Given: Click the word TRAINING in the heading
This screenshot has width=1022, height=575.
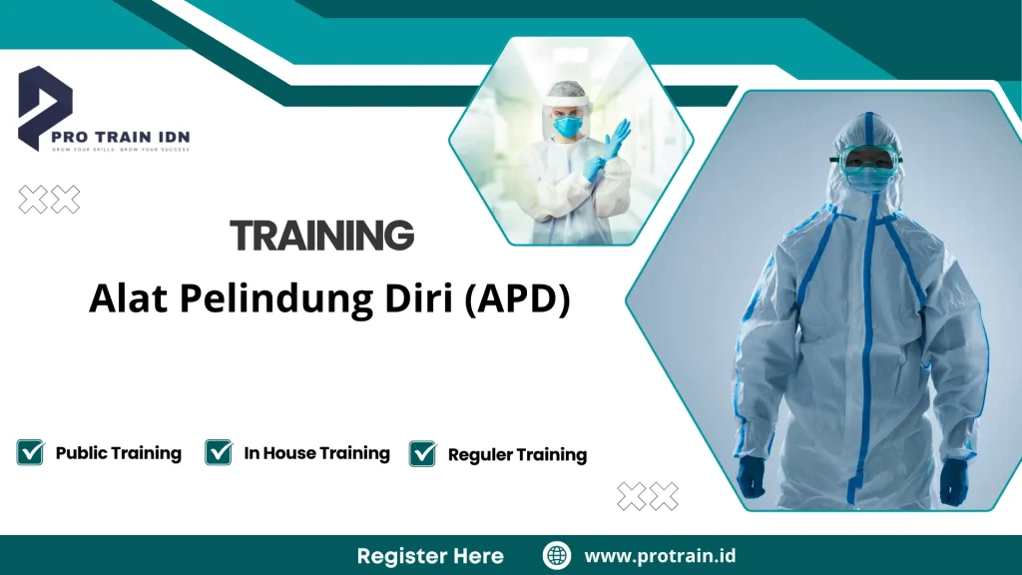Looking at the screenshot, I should click(321, 236).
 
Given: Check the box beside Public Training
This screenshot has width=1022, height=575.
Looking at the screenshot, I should click(30, 452).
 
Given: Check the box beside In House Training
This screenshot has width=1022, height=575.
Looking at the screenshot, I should click(219, 452).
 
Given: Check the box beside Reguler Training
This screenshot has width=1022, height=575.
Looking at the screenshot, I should click(423, 453).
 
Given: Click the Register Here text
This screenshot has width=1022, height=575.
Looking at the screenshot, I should click(430, 556).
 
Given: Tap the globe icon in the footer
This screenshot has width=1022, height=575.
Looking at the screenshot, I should click(556, 556).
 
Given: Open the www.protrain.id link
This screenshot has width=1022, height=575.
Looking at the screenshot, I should click(660, 556).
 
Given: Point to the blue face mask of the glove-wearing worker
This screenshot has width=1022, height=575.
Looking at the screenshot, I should click(569, 127).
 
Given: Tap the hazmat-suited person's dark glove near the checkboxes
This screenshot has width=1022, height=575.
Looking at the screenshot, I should click(751, 477).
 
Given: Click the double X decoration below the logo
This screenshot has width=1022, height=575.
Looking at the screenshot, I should click(49, 201).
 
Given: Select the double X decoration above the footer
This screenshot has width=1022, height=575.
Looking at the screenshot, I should click(647, 496).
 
